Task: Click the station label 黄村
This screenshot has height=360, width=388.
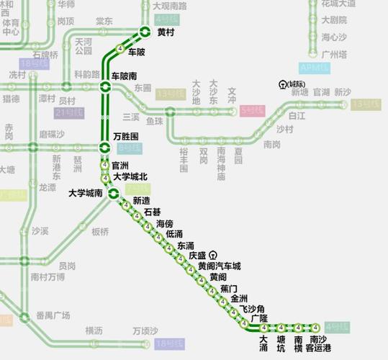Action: coord(166,32)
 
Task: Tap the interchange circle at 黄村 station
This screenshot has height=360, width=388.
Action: coord(145,32)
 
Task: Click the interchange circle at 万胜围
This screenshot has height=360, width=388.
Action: coord(105,148)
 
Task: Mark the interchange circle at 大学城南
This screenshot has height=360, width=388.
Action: coord(113,193)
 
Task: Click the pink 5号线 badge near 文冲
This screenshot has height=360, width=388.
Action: coord(253,111)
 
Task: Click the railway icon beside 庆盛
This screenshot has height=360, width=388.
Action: coord(212,255)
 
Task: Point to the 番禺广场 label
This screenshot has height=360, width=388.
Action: coord(53,315)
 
